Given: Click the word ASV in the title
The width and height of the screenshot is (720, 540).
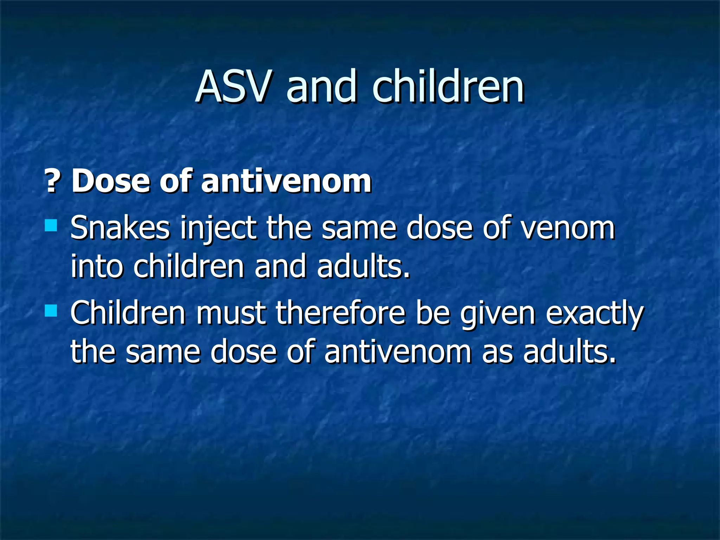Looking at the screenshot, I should (233, 86).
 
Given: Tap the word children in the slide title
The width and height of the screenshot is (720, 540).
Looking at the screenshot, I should (448, 86).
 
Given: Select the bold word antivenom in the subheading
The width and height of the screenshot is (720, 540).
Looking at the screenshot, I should (286, 181).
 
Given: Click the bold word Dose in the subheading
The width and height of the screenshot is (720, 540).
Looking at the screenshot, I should (110, 181).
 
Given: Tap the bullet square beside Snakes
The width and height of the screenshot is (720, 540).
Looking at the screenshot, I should (51, 225).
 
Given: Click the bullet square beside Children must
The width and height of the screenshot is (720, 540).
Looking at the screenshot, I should (51, 311).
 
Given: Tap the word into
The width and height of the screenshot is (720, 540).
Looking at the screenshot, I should (96, 266).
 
